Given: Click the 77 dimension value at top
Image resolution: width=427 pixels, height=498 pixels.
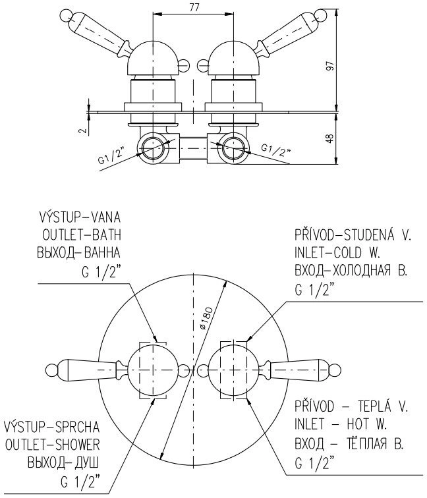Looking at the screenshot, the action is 194,7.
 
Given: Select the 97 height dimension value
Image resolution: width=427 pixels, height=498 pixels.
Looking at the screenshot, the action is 331,65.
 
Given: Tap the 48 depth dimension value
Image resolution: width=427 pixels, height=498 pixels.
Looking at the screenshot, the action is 331,138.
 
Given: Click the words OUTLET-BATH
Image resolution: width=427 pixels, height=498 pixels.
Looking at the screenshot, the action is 82,235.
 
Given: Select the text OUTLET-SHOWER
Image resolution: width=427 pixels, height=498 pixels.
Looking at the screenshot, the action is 53,445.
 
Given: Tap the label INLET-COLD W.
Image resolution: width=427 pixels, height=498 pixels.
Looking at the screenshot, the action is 337,253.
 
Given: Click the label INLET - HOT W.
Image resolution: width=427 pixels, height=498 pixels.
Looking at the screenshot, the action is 341,424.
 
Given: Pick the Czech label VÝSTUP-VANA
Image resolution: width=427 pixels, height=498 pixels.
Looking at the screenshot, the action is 80,217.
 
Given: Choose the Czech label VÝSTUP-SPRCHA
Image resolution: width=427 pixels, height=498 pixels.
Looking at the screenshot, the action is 53,427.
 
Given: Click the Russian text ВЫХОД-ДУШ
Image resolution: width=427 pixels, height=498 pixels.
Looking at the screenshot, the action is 63,462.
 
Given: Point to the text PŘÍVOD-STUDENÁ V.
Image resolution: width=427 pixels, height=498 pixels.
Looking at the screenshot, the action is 353,235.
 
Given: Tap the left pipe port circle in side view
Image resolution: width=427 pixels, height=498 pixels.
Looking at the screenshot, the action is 153,149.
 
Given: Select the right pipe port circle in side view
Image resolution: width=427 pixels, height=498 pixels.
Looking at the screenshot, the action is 233,149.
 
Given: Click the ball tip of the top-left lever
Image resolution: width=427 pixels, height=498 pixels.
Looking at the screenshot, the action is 65,15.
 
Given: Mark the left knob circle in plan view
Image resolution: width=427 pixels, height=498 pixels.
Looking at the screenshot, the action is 153,370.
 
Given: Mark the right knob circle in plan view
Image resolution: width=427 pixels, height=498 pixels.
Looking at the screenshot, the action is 233,370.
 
